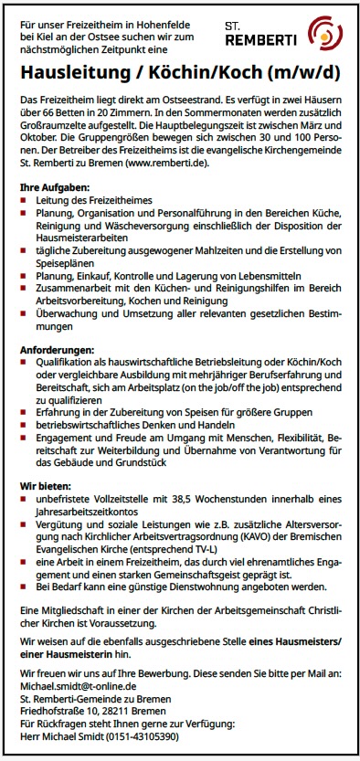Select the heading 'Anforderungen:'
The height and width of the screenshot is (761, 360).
click(56, 349)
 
